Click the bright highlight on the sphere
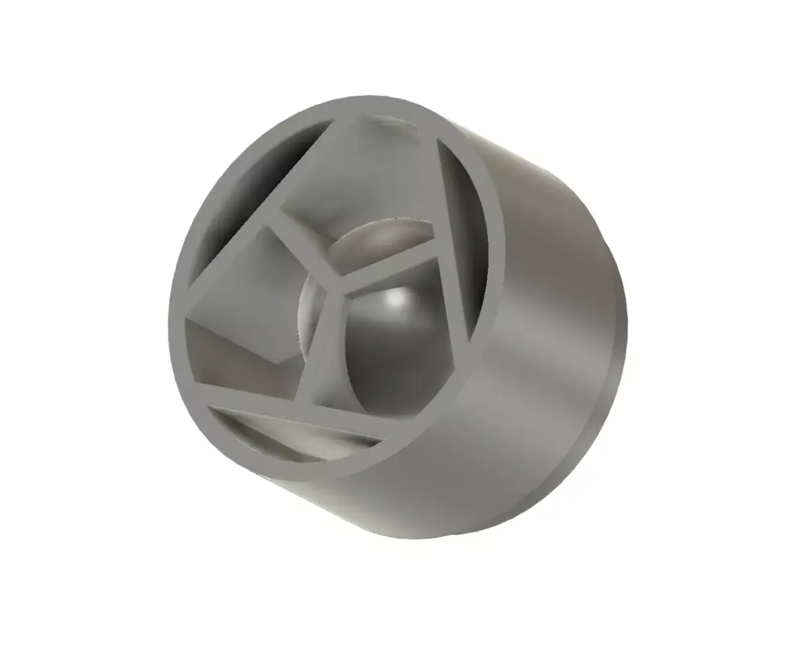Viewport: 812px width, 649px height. [x=396, y=298]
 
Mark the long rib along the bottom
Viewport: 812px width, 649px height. [x=304, y=399]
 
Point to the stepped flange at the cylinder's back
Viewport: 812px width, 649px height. [x=609, y=379]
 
